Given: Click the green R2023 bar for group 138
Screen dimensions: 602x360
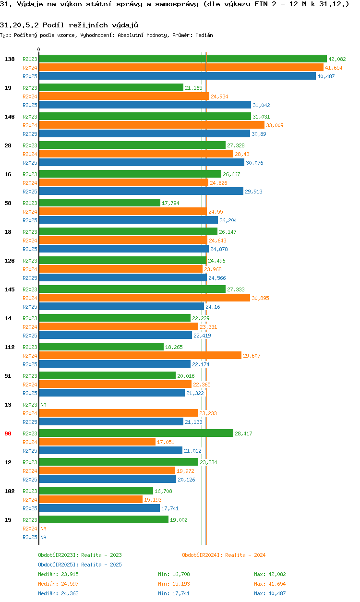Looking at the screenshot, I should click(x=182, y=59).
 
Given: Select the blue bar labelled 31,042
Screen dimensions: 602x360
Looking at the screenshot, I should click(x=144, y=105).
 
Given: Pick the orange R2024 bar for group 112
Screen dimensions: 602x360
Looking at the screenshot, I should click(x=140, y=356).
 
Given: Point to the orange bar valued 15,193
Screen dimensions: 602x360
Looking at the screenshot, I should click(x=91, y=500).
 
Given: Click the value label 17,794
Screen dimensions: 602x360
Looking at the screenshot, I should click(x=170, y=203).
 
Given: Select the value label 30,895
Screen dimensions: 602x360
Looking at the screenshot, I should click(x=260, y=298).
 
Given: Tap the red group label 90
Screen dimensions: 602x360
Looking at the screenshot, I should click(x=8, y=433).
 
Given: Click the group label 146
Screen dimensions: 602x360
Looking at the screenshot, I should click(x=10, y=117).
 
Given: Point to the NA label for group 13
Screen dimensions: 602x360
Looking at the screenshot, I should click(x=43, y=405).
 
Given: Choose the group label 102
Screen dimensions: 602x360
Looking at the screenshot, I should click(x=10, y=491).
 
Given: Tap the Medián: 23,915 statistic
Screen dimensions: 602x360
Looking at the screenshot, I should click(x=58, y=574).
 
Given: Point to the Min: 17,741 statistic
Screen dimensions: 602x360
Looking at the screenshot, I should click(x=176, y=593).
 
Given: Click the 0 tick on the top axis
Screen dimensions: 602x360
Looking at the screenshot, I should click(x=39, y=49).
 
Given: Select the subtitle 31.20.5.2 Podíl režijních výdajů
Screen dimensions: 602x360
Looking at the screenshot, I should click(x=69, y=24).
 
